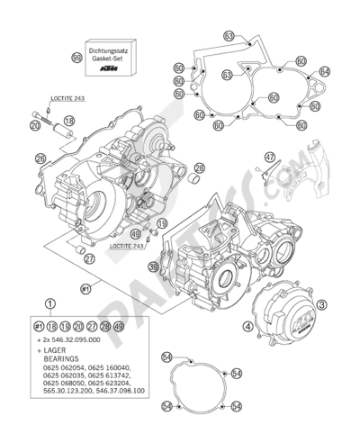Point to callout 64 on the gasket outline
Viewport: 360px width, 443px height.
[325, 70]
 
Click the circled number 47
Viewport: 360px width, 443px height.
[268, 157]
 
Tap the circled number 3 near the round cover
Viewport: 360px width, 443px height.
[320, 305]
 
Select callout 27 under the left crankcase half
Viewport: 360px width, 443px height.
[87, 258]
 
